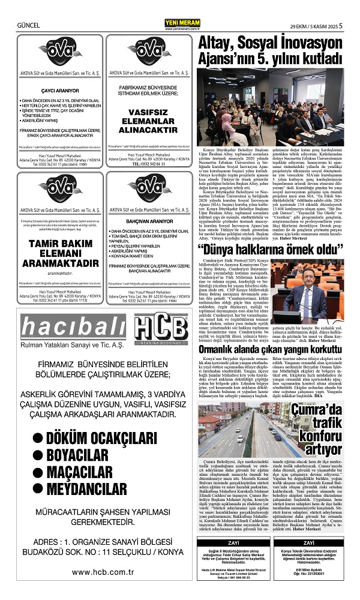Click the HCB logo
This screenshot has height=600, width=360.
pos(161,332)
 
